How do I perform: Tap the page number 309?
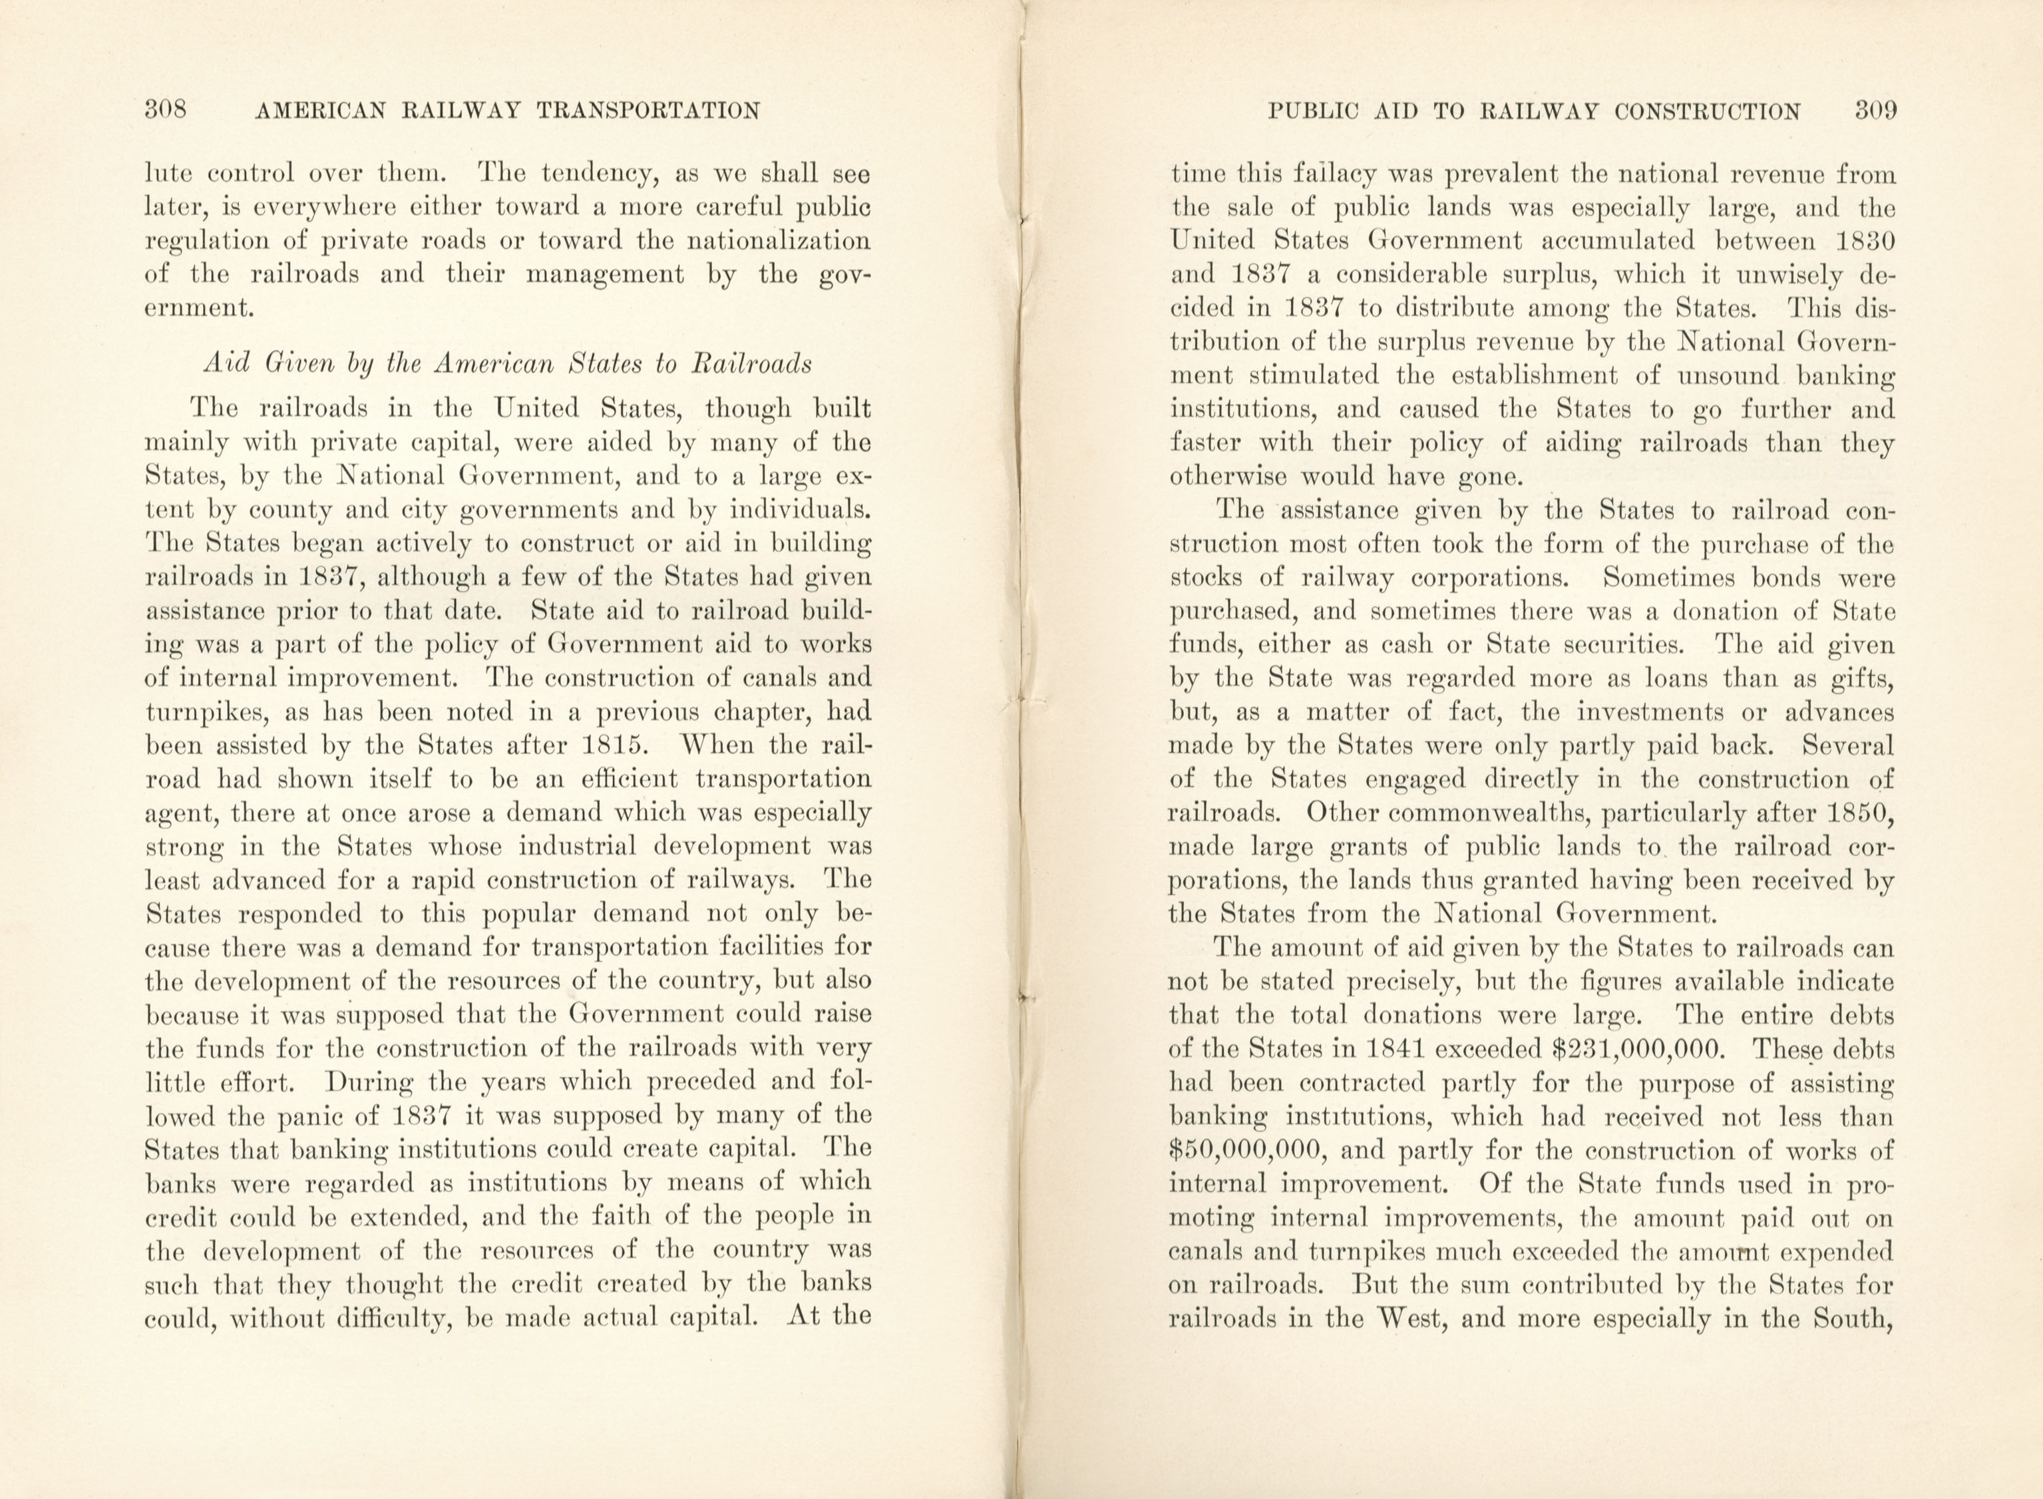click(1875, 110)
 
